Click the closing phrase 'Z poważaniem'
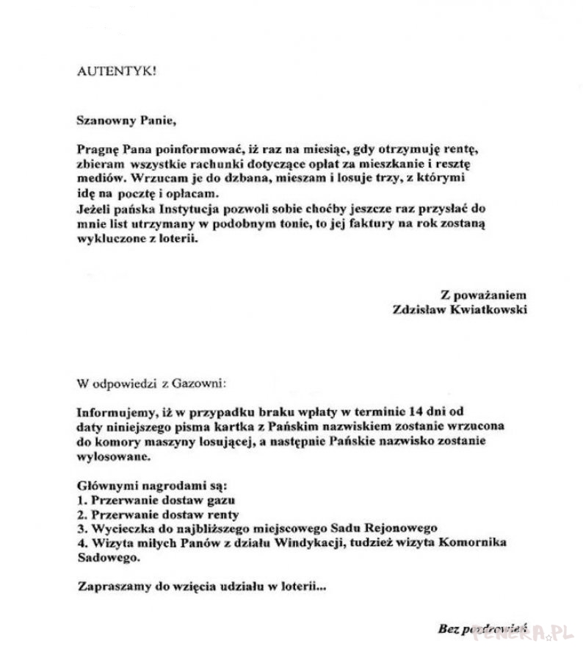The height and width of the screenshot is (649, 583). pyautogui.click(x=484, y=294)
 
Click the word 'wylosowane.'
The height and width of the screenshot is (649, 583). pyautogui.click(x=115, y=456)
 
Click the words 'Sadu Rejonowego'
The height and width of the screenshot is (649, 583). pyautogui.click(x=394, y=528)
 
